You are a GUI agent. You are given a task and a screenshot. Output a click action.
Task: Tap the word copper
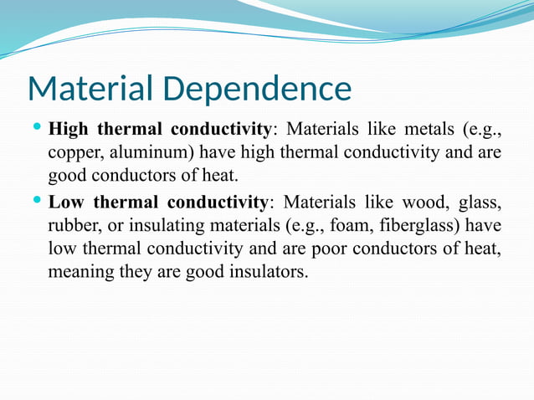(73, 155)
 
